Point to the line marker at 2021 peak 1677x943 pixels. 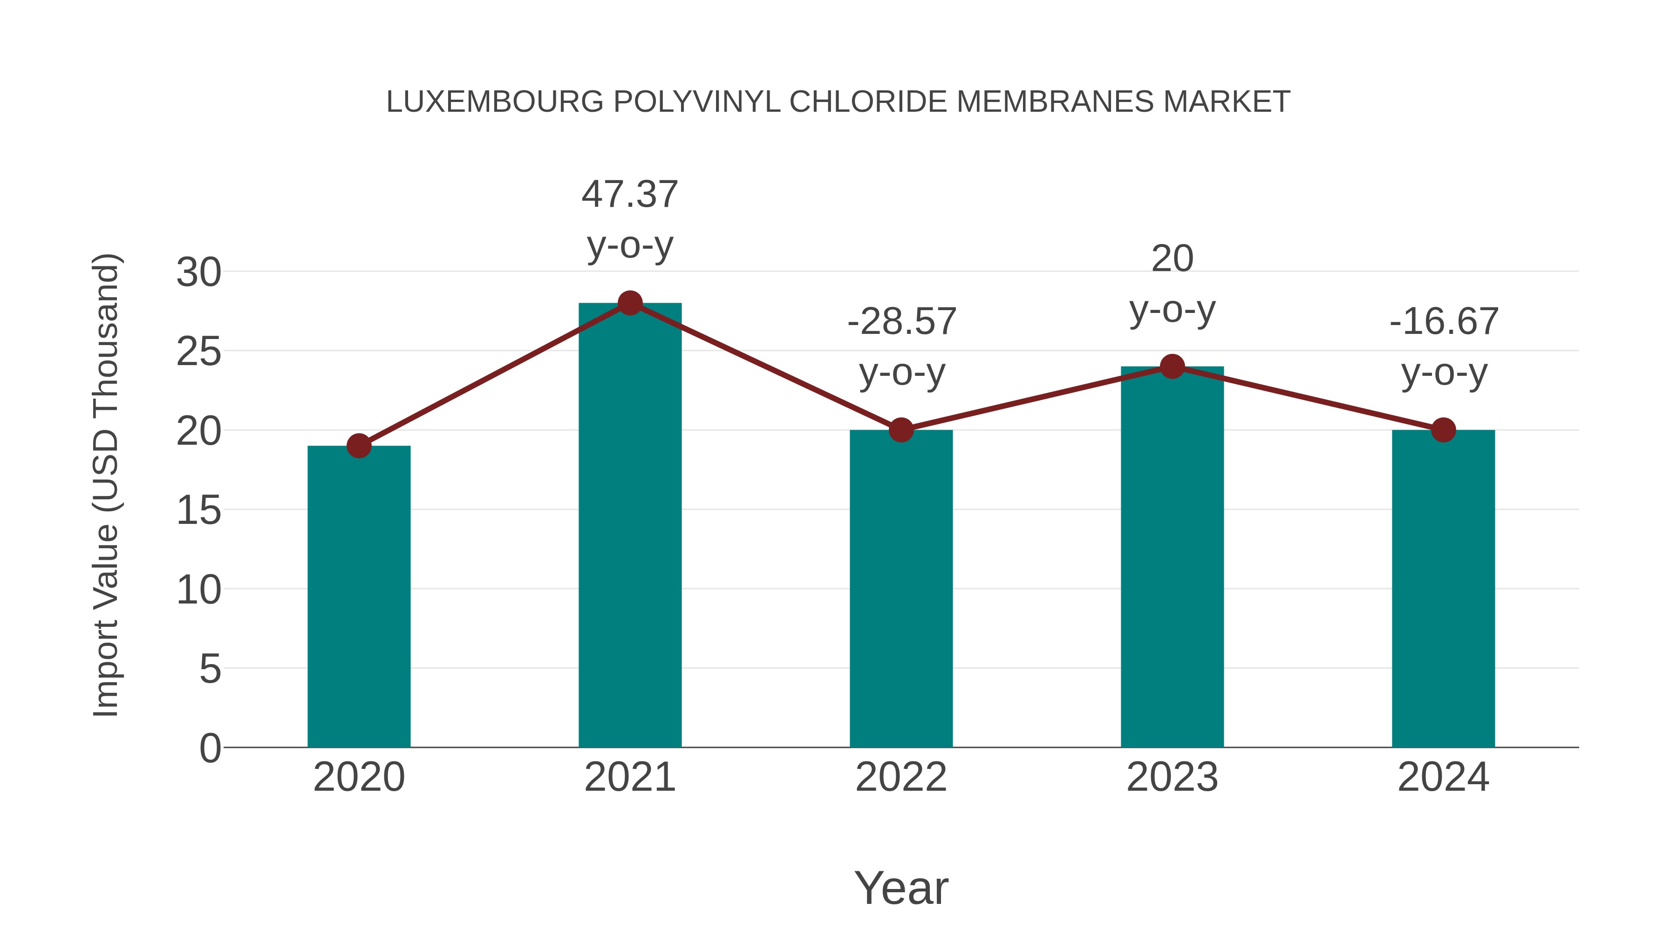(x=629, y=303)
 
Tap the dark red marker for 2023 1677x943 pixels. (x=1172, y=366)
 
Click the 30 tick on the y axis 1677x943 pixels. (x=198, y=272)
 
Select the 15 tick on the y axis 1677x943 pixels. (x=198, y=510)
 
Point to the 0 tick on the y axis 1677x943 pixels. (x=210, y=748)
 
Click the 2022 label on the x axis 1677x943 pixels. (x=901, y=777)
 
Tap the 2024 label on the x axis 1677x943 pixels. (x=1443, y=777)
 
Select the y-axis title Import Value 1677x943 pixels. (x=105, y=485)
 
